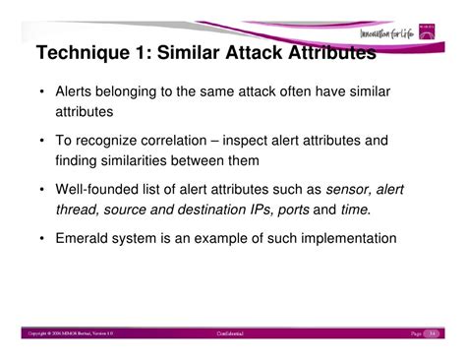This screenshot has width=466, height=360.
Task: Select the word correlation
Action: (x=187, y=140)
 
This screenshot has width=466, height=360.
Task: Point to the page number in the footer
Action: (x=433, y=335)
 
